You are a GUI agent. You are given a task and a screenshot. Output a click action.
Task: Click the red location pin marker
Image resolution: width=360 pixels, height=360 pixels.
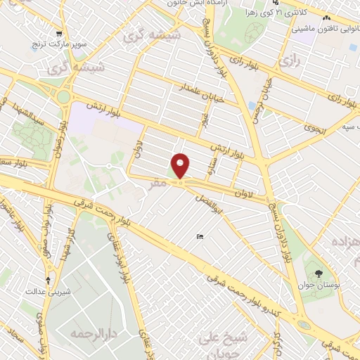[181, 165]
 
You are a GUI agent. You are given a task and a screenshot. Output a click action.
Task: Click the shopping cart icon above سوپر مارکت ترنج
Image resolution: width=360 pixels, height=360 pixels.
[60, 33]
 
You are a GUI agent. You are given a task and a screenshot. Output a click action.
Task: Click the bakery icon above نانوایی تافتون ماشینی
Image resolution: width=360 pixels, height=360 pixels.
[325, 19]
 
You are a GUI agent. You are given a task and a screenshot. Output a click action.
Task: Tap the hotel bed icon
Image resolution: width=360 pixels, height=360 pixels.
[200, 237]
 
